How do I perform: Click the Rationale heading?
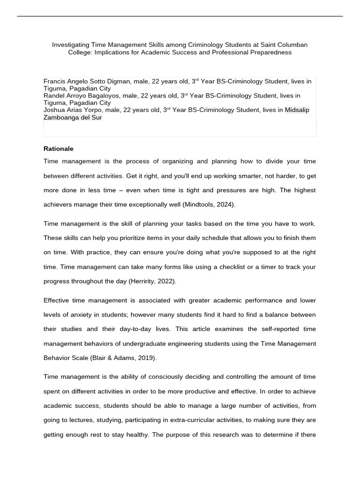[59, 149]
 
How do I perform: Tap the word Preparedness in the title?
[270, 52]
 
